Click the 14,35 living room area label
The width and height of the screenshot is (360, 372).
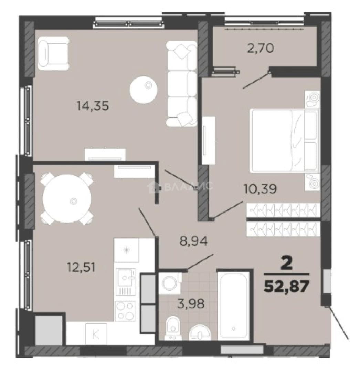pyautogui.click(x=93, y=106)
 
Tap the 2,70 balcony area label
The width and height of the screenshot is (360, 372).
pyautogui.click(x=261, y=48)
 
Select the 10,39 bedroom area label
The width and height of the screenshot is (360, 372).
pyautogui.click(x=260, y=189)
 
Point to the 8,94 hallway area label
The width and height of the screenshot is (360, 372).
pyautogui.click(x=194, y=241)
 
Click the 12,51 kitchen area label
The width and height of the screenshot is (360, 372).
pyautogui.click(x=81, y=267)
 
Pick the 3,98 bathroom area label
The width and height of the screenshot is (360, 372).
pyautogui.click(x=191, y=303)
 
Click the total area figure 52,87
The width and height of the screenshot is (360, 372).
pyautogui.click(x=287, y=286)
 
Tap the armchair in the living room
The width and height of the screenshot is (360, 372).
pyautogui.click(x=53, y=53)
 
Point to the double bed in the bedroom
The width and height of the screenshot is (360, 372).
pyautogui.click(x=284, y=140)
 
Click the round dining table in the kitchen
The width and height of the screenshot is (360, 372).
pyautogui.click(x=67, y=199)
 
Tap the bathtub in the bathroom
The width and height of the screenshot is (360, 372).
pyautogui.click(x=234, y=307)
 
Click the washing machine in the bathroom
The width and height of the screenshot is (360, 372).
pyautogui.click(x=169, y=283)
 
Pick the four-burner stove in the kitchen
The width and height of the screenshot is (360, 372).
pyautogui.click(x=125, y=311)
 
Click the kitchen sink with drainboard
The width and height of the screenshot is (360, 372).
pyautogui.click(x=125, y=282)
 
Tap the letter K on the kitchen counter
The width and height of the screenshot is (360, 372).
pyautogui.click(x=96, y=334)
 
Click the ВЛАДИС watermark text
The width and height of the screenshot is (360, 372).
pyautogui.click(x=188, y=186)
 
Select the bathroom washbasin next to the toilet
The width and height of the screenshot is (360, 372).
pyautogui.click(x=200, y=332)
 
